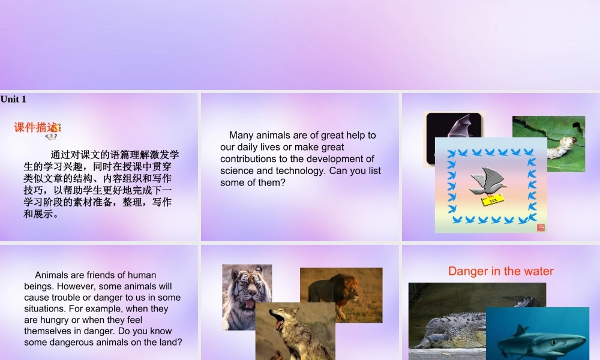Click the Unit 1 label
click(13, 99)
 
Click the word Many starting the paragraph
click(242, 135)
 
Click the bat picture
click(454, 138)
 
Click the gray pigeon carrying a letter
click(488, 182)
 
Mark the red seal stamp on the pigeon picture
click(541, 227)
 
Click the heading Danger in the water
click(500, 271)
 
